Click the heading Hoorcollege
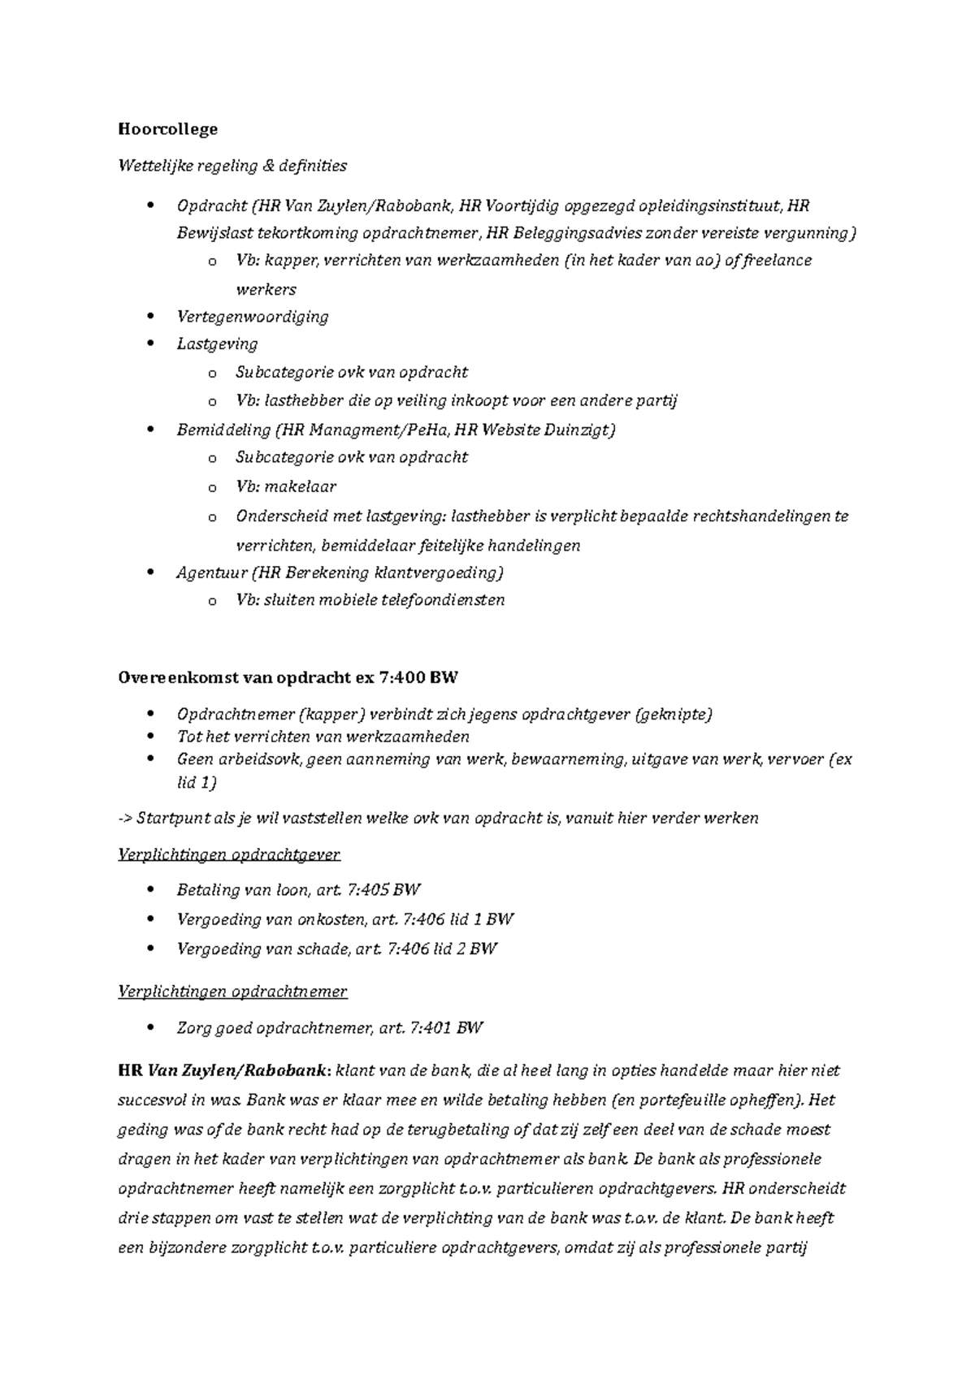click(167, 128)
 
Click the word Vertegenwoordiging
click(252, 317)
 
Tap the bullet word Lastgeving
click(217, 344)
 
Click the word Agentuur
click(210, 573)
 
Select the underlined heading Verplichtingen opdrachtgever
click(229, 854)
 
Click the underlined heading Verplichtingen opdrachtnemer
click(232, 992)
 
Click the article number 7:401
click(429, 1028)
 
